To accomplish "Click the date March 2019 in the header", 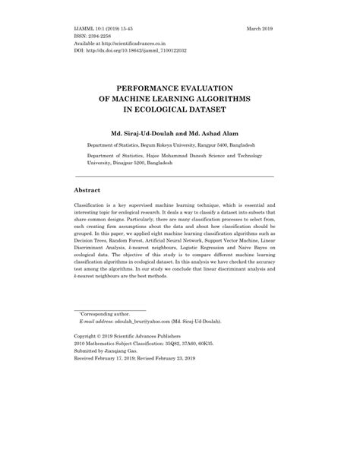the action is point(260,28).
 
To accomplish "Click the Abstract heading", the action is point(88,190).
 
